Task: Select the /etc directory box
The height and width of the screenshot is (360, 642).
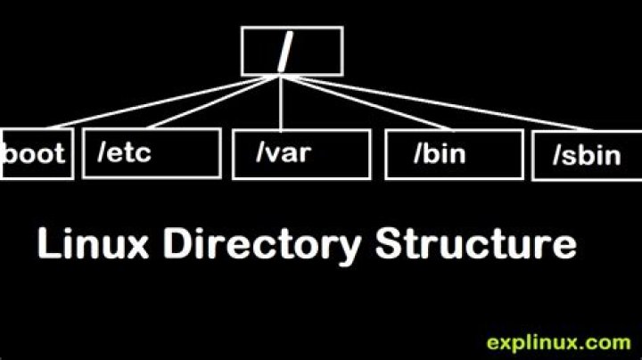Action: coord(151,154)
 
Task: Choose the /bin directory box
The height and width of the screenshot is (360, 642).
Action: coord(454,154)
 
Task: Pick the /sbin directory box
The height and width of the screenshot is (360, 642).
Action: coord(586,157)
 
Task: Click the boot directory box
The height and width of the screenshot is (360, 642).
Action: coord(36,153)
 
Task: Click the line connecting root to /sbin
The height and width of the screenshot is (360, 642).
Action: coord(428,105)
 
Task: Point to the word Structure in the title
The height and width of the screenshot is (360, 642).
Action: coord(475,242)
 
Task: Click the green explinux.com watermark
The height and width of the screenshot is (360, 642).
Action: coord(558,341)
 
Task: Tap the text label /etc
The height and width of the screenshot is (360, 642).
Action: coord(124,152)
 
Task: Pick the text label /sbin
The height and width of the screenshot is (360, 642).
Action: coord(586,157)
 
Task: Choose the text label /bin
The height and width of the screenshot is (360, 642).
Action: coord(441,153)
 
